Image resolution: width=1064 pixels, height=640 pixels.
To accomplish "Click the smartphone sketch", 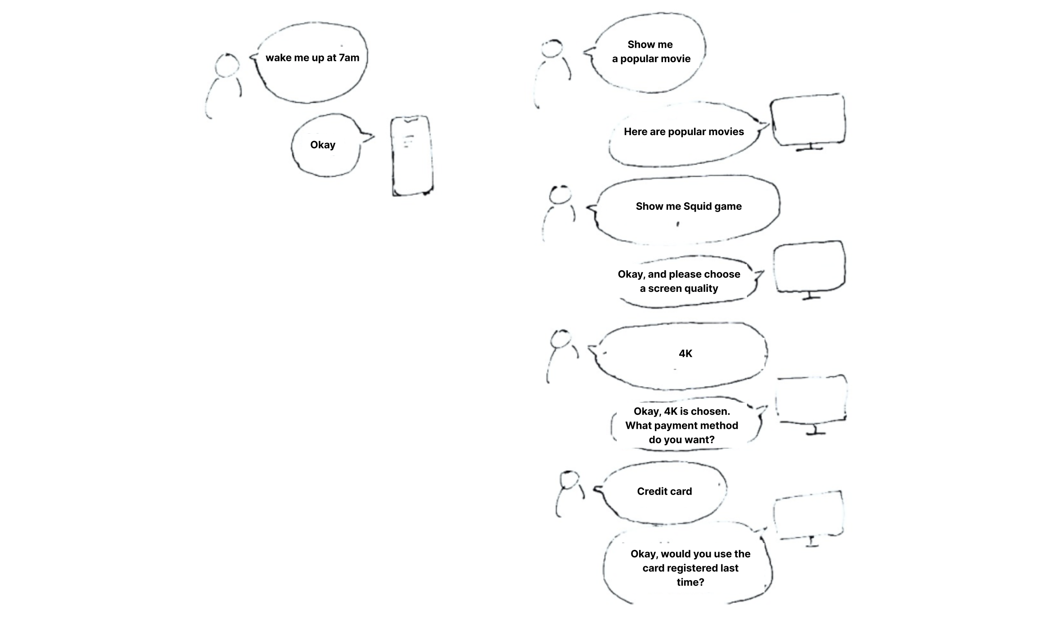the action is pyautogui.click(x=412, y=156).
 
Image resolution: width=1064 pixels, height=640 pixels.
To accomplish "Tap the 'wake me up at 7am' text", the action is pyautogui.click(x=312, y=58).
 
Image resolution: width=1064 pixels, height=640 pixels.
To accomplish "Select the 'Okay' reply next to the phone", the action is pyautogui.click(x=323, y=145).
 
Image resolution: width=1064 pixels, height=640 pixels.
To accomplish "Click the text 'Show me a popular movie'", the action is pyautogui.click(x=651, y=51).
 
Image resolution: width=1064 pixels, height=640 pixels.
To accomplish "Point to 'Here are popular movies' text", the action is pyautogui.click(x=684, y=132).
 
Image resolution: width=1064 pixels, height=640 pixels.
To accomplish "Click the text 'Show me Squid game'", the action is pyautogui.click(x=689, y=206).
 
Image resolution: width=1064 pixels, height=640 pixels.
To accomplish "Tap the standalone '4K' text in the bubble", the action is pyautogui.click(x=685, y=354).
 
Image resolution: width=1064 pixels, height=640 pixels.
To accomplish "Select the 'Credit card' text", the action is pyautogui.click(x=664, y=491).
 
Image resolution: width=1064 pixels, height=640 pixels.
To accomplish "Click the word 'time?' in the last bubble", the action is pyautogui.click(x=690, y=582).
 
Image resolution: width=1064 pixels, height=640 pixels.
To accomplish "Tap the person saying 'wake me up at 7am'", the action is pyautogui.click(x=224, y=83).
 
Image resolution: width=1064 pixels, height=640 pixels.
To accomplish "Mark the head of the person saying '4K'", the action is pyautogui.click(x=561, y=339).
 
